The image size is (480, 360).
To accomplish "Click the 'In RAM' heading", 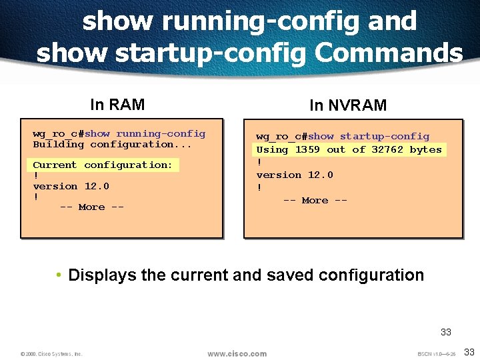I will click(x=117, y=105).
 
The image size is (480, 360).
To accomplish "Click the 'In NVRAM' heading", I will click(x=347, y=105).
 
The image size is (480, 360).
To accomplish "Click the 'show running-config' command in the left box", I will click(x=145, y=133).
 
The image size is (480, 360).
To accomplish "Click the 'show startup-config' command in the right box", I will click(x=369, y=137).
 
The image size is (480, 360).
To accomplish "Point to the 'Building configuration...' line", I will click(x=112, y=144).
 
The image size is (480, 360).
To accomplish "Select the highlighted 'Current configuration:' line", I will click(x=103, y=165).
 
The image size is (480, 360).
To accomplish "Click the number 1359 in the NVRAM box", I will click(x=307, y=149).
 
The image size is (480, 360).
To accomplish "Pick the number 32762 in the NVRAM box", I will click(x=387, y=149).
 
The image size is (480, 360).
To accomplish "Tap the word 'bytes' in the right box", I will click(x=425, y=149).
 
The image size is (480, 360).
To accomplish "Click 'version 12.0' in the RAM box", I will click(x=71, y=186).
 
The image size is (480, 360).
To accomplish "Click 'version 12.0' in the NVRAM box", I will click(x=295, y=175).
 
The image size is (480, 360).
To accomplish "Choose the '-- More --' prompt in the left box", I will click(x=91, y=207).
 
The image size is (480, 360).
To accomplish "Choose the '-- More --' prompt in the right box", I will click(x=315, y=200).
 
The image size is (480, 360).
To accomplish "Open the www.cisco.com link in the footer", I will click(x=237, y=353).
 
